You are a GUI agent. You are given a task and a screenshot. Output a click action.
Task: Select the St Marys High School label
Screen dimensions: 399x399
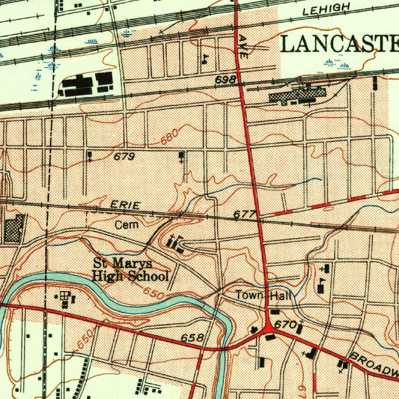(131, 270)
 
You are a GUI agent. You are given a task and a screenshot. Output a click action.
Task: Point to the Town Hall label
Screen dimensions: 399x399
(263, 296)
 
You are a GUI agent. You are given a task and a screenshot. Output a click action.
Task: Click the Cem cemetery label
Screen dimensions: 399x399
(127, 225)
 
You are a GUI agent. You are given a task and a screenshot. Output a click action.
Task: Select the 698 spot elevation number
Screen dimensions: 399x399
(226, 80)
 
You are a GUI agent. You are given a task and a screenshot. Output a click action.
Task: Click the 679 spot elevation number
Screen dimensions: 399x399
(124, 157)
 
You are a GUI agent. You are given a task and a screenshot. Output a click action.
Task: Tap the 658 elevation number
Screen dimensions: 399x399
(193, 337)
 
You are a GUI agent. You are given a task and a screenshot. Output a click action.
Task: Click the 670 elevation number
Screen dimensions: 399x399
(283, 324)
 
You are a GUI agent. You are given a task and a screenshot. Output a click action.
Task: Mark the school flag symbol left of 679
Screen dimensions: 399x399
(90, 156)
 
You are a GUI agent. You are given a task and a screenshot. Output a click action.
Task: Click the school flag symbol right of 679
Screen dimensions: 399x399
(181, 157)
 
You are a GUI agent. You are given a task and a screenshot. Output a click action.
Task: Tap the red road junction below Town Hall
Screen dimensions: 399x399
(268, 330)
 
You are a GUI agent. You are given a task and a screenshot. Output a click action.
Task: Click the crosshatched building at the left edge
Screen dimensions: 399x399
(14, 228)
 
